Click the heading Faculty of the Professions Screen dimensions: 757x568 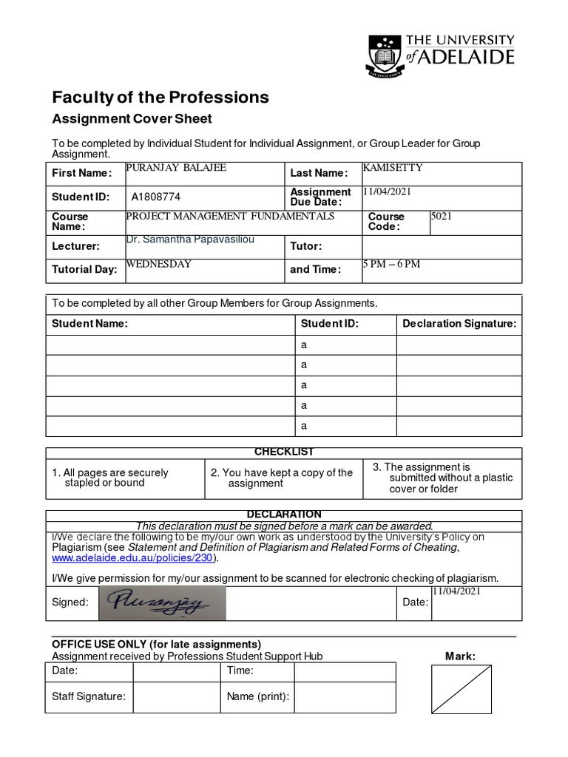click(x=160, y=97)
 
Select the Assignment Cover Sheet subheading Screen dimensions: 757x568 click(x=132, y=119)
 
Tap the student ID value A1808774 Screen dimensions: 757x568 click(x=155, y=197)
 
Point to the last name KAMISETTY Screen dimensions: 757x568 click(x=393, y=168)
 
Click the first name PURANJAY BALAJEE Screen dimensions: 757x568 click(x=176, y=168)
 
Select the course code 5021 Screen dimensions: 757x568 click(x=442, y=217)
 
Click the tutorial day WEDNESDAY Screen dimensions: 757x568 click(x=159, y=263)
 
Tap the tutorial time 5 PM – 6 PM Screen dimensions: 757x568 click(x=391, y=265)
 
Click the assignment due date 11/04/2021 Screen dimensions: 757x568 click(x=386, y=191)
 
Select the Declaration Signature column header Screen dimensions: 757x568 click(x=459, y=324)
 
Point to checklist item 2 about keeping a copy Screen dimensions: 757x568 click(x=282, y=478)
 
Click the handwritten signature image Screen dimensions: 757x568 click(x=162, y=602)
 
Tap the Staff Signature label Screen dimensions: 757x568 click(x=89, y=696)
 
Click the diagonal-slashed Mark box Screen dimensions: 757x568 click(x=461, y=688)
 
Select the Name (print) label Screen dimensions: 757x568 click(x=257, y=696)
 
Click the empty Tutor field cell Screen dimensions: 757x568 click(x=442, y=246)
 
